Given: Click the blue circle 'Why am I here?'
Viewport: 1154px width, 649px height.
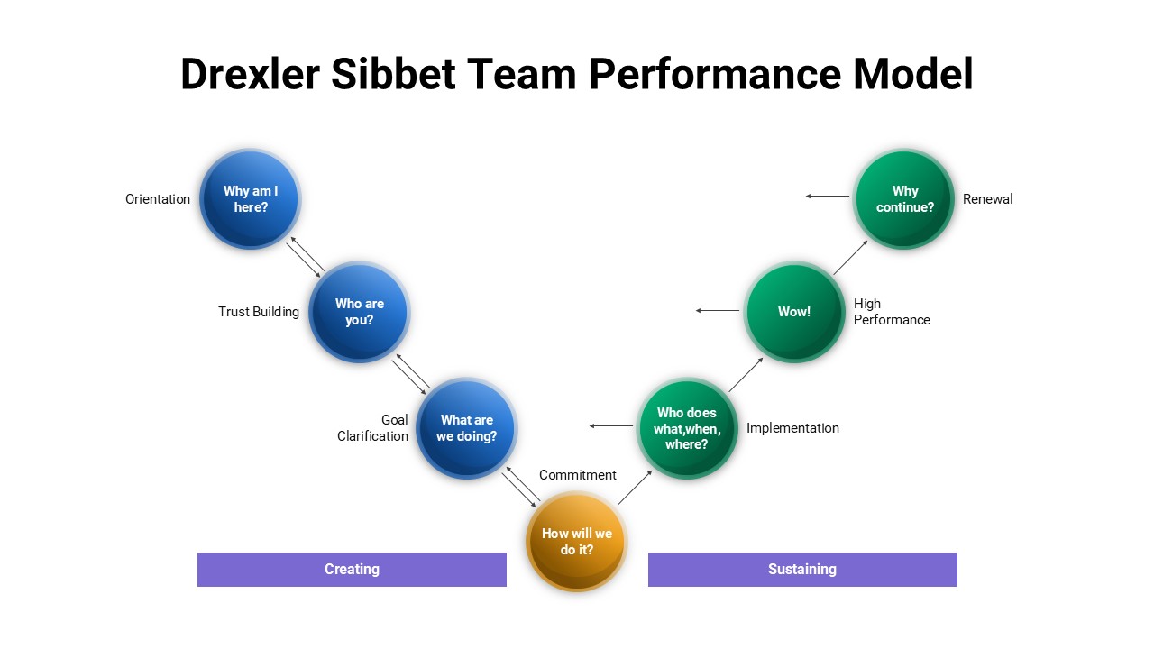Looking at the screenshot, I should point(250,199).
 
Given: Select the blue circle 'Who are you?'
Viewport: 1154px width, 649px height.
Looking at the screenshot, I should point(359,312).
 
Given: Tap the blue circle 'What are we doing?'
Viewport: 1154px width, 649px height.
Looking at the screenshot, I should point(466,428).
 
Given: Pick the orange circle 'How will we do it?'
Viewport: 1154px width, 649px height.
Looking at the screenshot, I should point(575,542).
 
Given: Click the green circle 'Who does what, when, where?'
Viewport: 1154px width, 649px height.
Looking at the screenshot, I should point(687,428).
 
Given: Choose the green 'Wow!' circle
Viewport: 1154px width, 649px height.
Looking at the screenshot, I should point(794,312).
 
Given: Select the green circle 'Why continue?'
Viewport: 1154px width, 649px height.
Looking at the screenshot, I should point(904,199).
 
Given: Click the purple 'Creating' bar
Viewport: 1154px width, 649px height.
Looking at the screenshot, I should point(352,570).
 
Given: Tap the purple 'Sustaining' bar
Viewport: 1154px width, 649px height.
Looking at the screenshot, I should point(802,570).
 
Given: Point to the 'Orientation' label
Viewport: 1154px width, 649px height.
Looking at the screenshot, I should point(158,199).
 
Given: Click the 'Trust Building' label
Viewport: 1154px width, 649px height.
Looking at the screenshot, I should point(259,312).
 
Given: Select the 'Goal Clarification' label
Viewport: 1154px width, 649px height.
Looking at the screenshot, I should point(373,428).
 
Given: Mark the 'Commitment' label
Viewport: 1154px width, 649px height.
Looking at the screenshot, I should point(578,475).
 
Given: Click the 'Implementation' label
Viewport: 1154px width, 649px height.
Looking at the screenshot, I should point(792,428).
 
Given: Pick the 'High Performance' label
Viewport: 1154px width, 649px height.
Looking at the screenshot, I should point(891,312).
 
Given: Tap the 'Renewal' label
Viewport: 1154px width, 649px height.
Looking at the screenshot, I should point(987,199).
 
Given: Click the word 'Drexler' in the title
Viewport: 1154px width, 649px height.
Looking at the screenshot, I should point(250,74).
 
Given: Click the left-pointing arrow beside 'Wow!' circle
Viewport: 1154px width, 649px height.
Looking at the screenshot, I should point(718,311).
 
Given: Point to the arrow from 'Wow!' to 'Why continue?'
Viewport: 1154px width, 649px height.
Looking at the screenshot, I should point(849,258).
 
